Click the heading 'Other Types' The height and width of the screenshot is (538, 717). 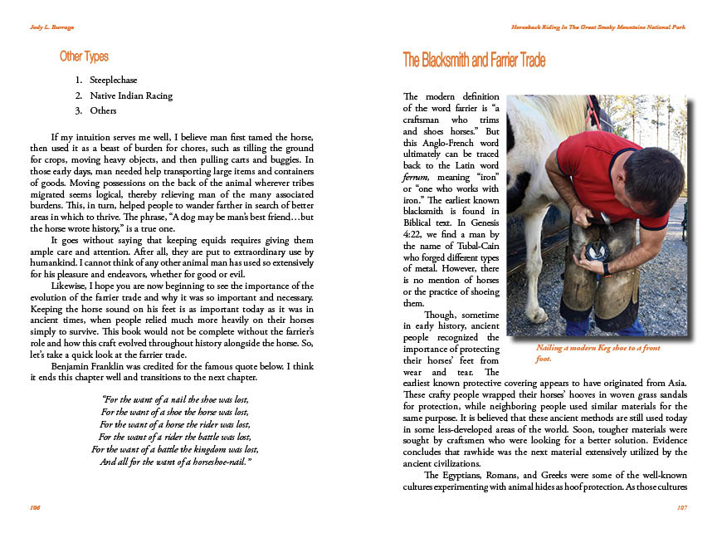point(84,57)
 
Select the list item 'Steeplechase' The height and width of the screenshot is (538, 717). point(113,81)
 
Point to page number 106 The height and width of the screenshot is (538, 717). point(35,506)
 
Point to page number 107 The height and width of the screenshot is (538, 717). point(681,506)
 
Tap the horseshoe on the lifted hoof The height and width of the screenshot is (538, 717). point(596,250)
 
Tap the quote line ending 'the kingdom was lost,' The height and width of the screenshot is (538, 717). point(174,449)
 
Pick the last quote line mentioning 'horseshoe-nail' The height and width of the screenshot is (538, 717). point(175,461)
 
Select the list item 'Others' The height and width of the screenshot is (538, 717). point(103,110)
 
